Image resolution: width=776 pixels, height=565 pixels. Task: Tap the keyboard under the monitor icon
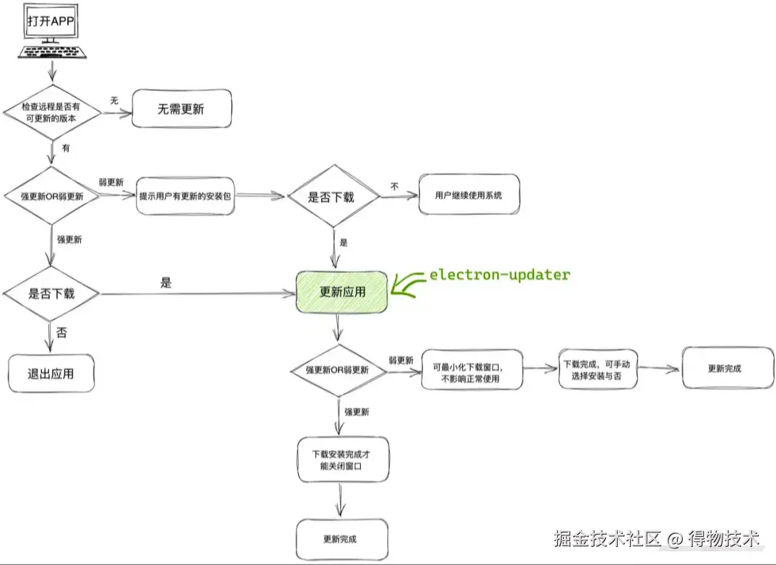coord(51,53)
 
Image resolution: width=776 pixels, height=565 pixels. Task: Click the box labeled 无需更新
coord(181,110)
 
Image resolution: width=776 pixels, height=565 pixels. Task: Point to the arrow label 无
coord(113,100)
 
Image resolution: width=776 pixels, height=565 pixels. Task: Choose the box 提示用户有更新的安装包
coord(186,196)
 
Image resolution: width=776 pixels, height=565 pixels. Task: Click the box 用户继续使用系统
coord(468,194)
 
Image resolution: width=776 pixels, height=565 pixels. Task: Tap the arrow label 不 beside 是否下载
coord(395,186)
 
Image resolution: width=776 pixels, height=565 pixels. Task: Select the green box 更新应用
coord(342,293)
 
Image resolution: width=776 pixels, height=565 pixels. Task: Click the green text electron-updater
coord(500,275)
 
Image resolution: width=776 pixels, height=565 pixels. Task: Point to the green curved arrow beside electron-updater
coord(409,285)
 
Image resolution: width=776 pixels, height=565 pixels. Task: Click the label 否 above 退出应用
coord(62,334)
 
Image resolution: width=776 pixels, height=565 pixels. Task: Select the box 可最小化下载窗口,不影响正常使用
coord(472,370)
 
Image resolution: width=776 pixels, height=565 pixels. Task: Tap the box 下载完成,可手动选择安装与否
coord(598,369)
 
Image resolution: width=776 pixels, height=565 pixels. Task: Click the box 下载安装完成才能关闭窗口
coord(342,460)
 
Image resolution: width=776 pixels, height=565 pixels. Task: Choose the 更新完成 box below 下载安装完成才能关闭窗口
coord(342,539)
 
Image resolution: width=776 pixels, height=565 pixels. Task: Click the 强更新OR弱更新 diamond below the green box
coord(336,370)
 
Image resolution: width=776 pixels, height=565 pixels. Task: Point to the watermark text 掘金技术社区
coord(608,538)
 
